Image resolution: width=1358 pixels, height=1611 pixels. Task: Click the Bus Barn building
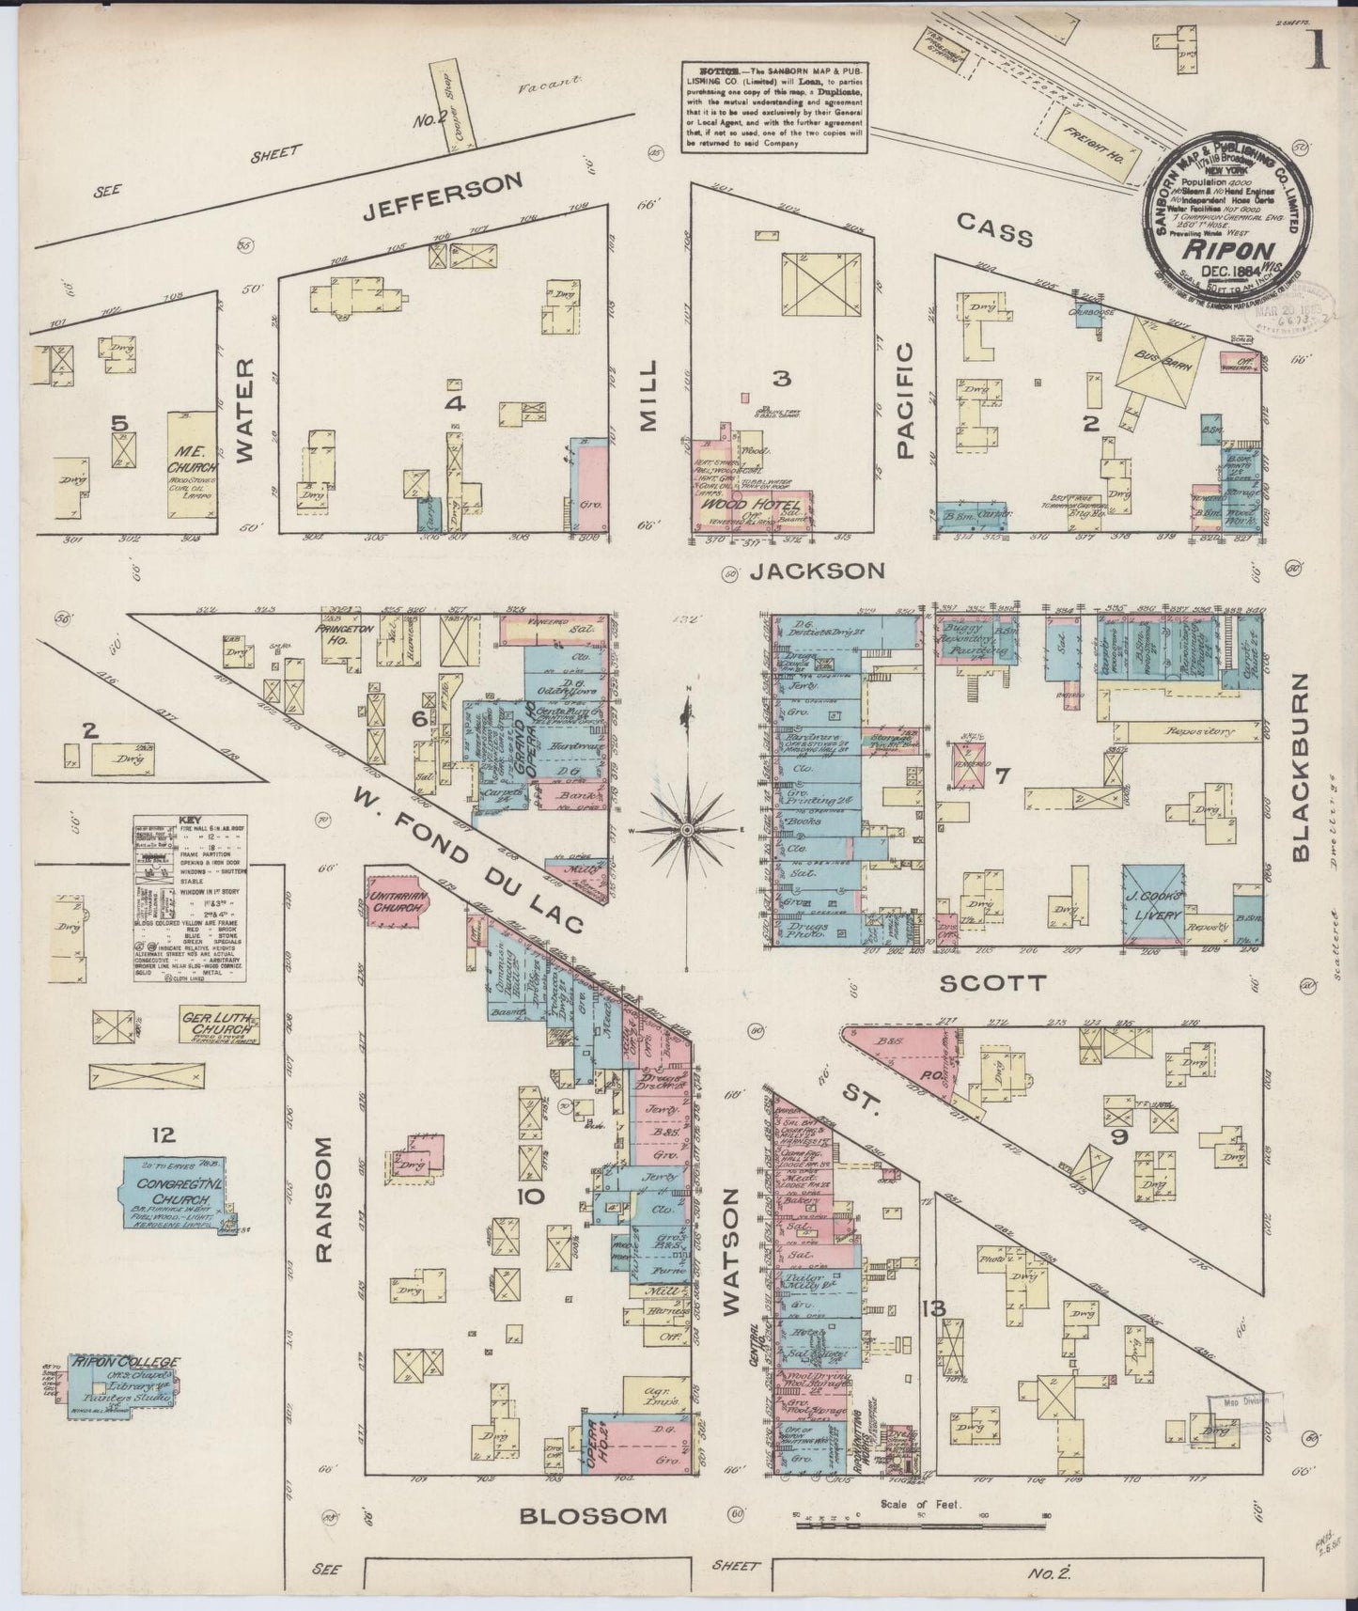click(1160, 363)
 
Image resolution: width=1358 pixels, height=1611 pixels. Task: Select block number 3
click(781, 379)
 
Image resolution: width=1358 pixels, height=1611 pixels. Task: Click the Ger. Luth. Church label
click(219, 1024)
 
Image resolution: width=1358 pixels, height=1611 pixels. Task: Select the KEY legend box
click(190, 900)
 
